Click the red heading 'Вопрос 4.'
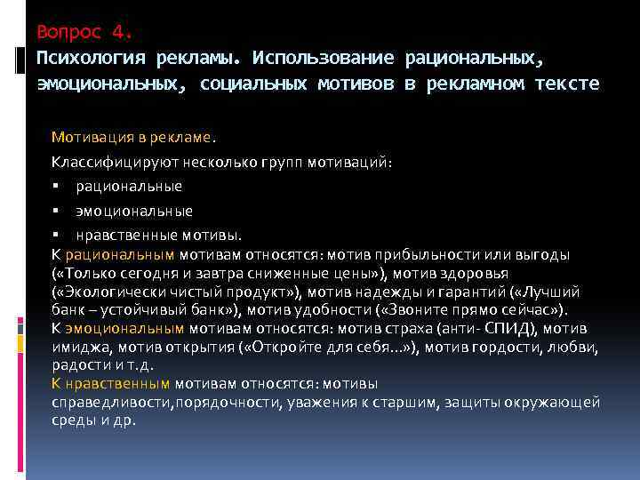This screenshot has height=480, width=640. point(84,34)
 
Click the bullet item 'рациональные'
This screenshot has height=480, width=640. point(129,187)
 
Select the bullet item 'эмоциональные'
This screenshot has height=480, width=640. point(134,212)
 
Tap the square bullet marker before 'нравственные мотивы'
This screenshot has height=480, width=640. point(55,236)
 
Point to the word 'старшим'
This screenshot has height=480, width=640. point(433,403)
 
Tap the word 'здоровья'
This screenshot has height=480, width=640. point(501,274)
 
